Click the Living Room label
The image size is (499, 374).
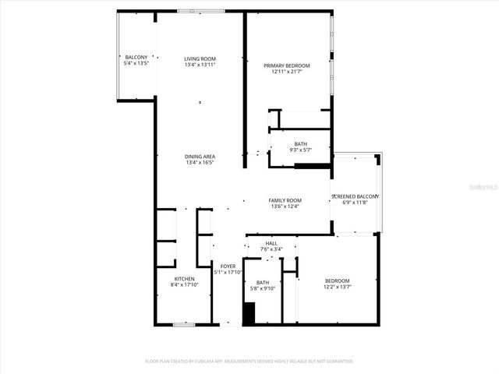click(200, 58)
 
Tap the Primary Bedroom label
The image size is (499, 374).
click(287, 65)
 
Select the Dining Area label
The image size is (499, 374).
click(200, 157)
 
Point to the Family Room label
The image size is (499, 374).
click(285, 200)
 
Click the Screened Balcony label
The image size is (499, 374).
click(356, 196)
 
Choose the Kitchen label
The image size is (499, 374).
click(184, 278)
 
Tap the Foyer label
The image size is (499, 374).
click(228, 266)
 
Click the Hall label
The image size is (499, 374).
click(271, 243)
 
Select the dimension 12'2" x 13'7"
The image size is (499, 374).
click(338, 287)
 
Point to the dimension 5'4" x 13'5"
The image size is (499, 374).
click(136, 64)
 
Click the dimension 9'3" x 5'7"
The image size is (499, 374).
click(301, 150)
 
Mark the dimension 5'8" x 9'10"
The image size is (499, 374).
click(263, 289)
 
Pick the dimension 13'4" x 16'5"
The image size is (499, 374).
click(200, 163)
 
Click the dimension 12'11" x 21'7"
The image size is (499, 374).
click(287, 72)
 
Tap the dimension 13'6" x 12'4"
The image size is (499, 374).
click(285, 206)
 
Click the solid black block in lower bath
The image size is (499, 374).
click(249, 313)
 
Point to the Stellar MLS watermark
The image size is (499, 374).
click(480, 187)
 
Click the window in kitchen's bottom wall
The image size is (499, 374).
click(184, 323)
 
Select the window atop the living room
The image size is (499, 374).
click(192, 11)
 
